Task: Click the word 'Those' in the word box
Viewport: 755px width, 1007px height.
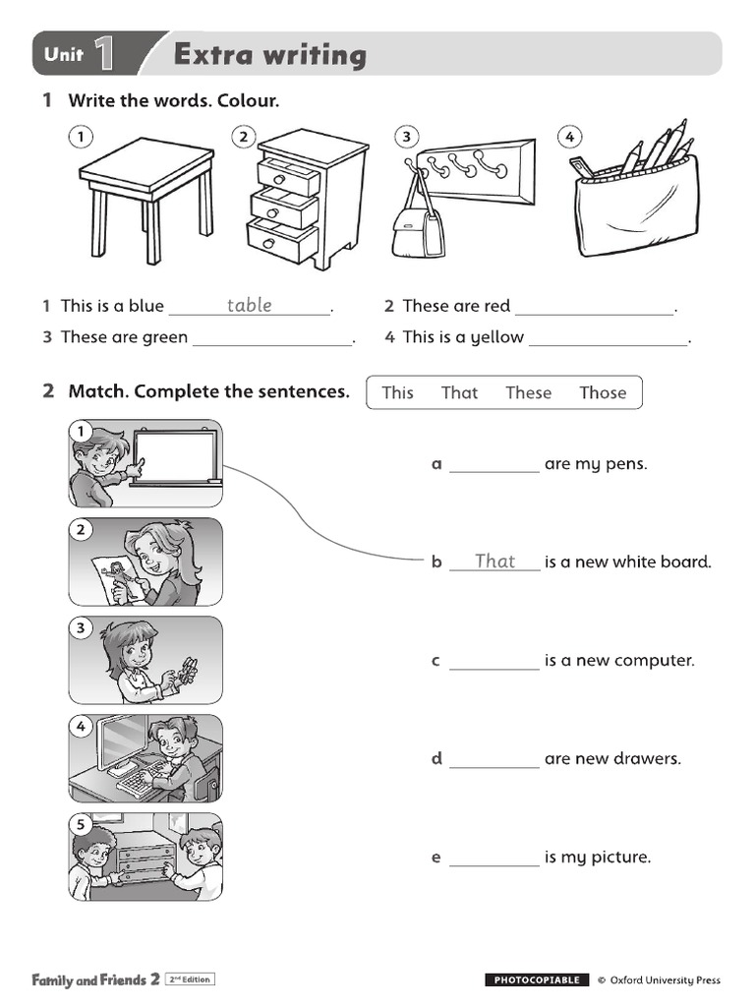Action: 602,392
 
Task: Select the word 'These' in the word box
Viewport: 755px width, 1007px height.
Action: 528,392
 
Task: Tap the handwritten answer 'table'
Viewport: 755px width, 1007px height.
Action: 249,305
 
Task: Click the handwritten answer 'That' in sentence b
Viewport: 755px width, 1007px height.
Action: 494,561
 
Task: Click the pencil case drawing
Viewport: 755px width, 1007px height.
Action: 636,202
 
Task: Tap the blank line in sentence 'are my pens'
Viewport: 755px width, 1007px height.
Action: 494,465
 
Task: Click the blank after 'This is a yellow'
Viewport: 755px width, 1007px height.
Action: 608,338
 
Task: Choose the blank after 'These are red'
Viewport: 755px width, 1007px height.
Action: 595,307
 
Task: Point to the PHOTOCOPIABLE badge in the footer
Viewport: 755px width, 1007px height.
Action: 537,979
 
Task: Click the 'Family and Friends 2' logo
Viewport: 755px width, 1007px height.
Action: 95,979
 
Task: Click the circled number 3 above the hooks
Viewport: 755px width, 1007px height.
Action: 405,137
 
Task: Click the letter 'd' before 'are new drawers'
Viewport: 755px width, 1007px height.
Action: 436,758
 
